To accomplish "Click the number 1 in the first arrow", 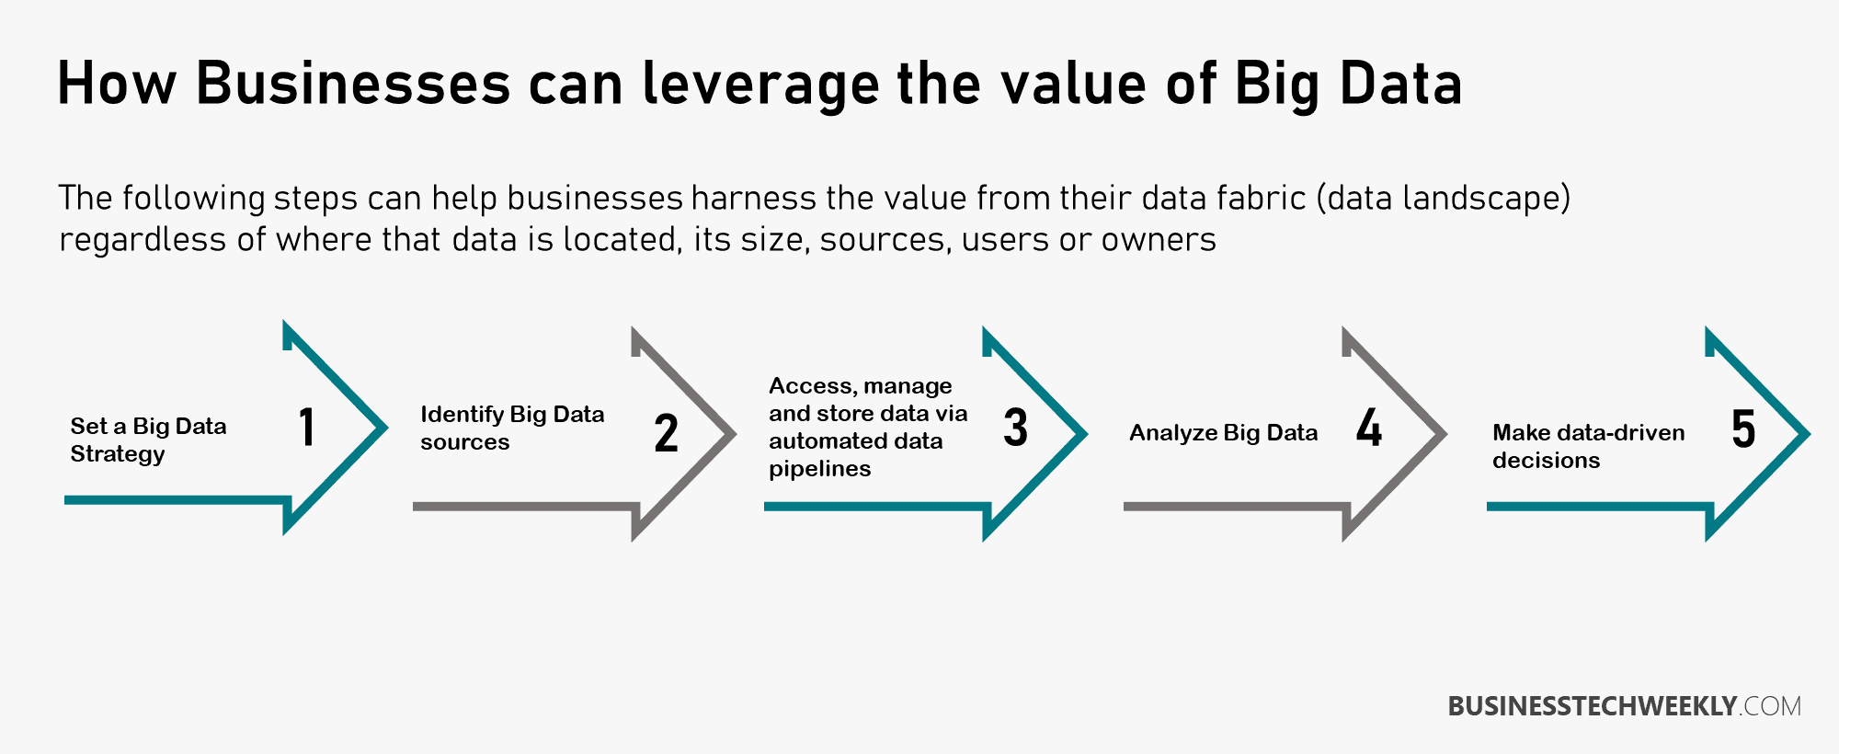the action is (307, 428).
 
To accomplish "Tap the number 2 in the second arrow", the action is (667, 433).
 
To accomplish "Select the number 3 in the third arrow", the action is (1015, 428).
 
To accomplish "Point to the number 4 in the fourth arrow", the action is (1369, 428).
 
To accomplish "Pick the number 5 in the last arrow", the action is (1743, 428).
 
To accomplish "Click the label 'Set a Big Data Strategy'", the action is (148, 440).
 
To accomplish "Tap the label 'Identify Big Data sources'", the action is (512, 428).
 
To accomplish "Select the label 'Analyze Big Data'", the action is (1223, 433).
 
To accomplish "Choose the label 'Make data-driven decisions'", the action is (1588, 446).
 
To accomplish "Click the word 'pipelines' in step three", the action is (819, 469).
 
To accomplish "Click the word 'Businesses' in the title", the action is (353, 84).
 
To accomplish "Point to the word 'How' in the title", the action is (116, 84).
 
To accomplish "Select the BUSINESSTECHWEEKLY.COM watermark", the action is (1624, 706).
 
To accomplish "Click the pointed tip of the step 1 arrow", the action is (387, 427).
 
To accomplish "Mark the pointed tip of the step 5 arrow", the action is (1809, 433).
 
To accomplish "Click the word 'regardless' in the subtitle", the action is (143, 241).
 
